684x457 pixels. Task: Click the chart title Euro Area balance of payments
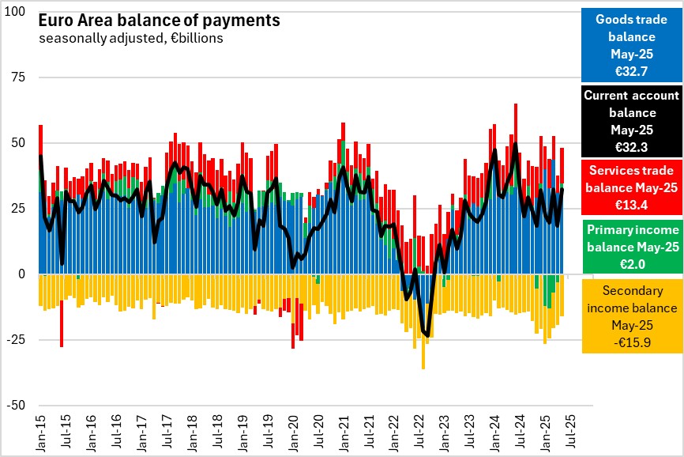[x=159, y=21]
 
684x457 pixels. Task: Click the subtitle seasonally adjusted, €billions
[x=130, y=38]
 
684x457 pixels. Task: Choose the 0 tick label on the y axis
[x=22, y=274]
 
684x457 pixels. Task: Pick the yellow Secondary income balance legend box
[x=632, y=316]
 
